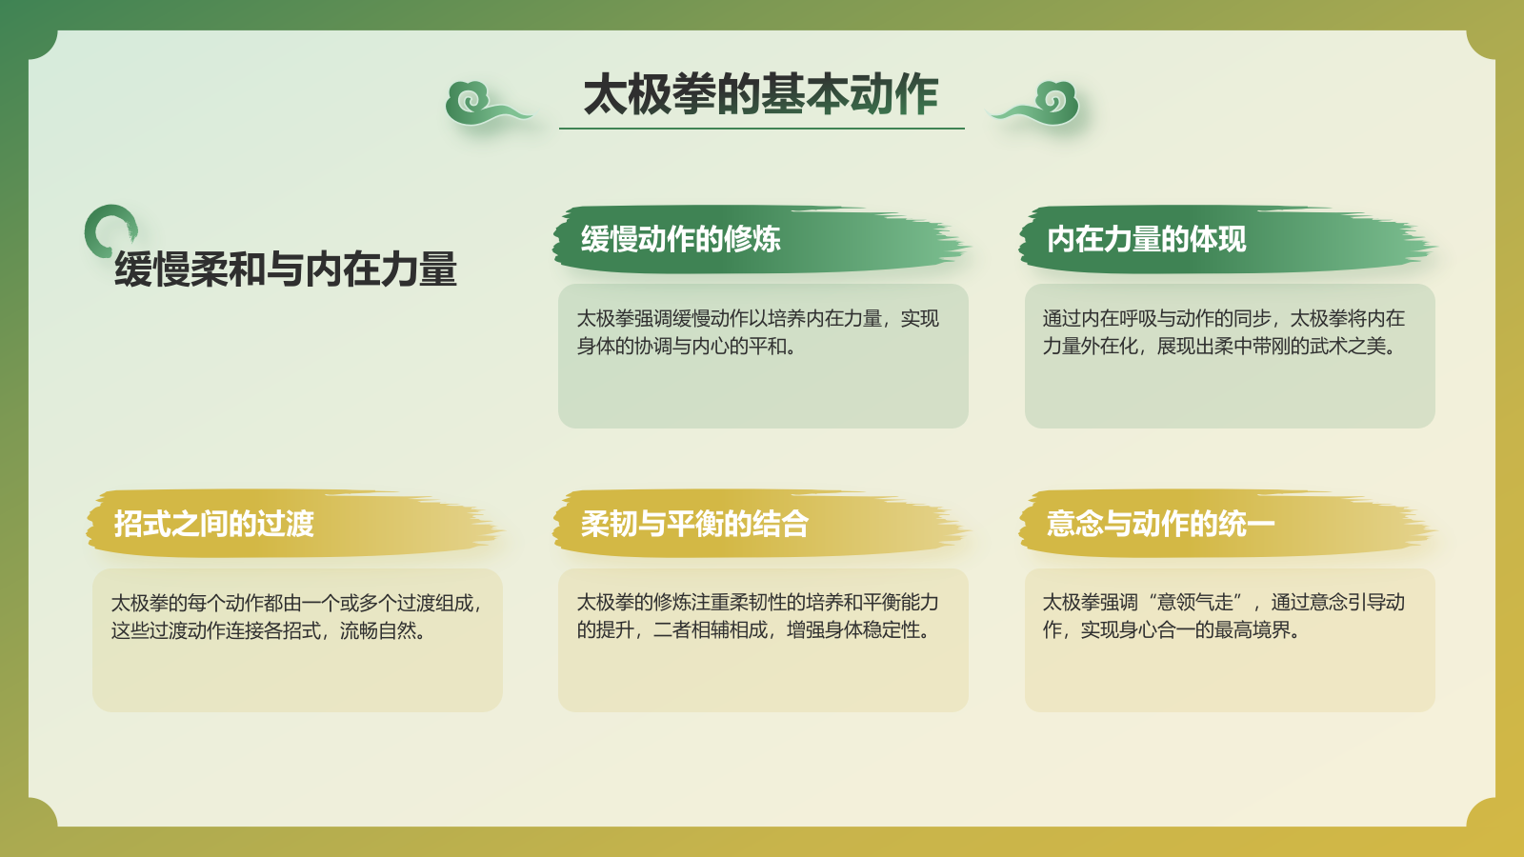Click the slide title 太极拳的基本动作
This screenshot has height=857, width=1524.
point(761,94)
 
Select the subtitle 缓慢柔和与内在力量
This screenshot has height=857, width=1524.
point(286,269)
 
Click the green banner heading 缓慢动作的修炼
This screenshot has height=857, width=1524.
point(681,239)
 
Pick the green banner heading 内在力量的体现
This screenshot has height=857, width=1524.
point(1146,239)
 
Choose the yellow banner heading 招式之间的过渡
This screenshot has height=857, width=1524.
point(214,524)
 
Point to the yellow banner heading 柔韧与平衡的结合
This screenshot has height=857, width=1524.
point(694,524)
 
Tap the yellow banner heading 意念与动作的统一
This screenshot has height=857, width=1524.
point(1159,524)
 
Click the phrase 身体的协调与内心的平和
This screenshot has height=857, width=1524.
point(686,347)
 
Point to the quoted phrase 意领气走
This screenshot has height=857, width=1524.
point(1195,603)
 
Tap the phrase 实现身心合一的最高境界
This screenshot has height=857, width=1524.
point(1190,630)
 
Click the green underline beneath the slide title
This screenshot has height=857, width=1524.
point(761,128)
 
